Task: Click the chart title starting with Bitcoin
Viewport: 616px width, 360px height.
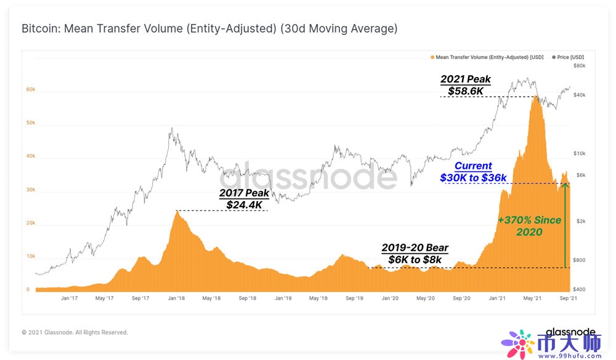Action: (209, 29)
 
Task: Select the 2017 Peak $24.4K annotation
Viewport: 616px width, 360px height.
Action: (244, 199)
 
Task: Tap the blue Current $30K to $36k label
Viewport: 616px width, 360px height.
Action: (473, 172)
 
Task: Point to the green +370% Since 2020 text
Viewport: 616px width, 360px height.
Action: (530, 226)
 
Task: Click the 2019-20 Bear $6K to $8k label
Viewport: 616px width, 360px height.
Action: (415, 253)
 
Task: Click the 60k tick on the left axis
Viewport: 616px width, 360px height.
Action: (31, 89)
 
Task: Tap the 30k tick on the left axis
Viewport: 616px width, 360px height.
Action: (31, 190)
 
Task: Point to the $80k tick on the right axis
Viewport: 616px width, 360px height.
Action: (580, 65)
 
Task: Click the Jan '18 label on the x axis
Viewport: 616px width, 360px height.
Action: (177, 298)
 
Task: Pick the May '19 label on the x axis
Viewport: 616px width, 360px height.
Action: (318, 298)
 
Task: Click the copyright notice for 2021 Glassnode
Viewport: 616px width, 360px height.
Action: (75, 332)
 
